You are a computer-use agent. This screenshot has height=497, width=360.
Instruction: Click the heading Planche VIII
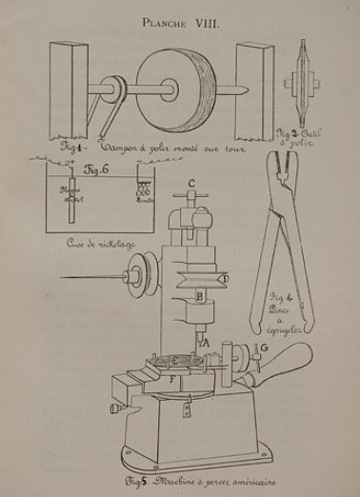[179, 21]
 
